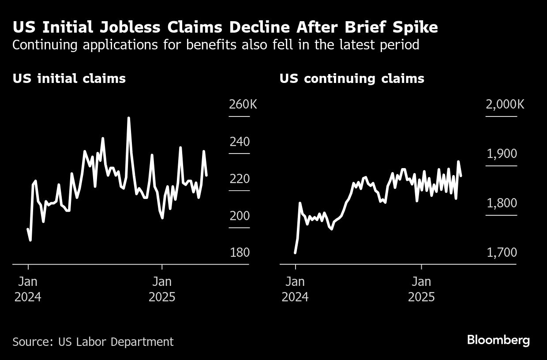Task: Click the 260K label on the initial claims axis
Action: [x=243, y=105]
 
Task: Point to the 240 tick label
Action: [x=240, y=142]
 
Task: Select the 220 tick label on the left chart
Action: [x=240, y=179]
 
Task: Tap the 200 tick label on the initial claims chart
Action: [x=240, y=216]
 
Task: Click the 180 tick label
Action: [x=240, y=252]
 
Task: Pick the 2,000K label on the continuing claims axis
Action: [x=505, y=105]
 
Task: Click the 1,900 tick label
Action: [x=502, y=154]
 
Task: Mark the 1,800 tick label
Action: [x=502, y=203]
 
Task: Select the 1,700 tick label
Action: [x=502, y=252]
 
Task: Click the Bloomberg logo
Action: [x=498, y=340]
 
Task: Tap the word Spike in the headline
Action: [x=415, y=27]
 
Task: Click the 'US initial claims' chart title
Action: [x=69, y=79]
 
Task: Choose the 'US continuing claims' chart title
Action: [x=352, y=79]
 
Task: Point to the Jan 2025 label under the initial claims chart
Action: [x=162, y=289]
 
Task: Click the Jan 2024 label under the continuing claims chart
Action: [x=295, y=289]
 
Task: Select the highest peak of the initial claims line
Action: [x=128, y=118]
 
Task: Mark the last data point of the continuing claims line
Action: [x=461, y=176]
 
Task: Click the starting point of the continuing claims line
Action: [x=295, y=253]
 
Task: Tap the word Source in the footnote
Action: [x=30, y=341]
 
